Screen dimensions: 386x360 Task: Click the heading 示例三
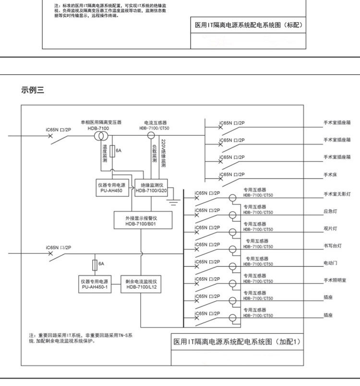point(33,90)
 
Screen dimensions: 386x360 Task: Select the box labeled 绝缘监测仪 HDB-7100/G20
point(151,187)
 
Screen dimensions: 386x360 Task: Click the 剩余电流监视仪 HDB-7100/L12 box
point(142,284)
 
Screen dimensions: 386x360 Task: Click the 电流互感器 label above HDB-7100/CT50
point(154,123)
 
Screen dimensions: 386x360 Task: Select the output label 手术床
point(330,175)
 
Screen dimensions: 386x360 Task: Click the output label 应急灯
point(330,211)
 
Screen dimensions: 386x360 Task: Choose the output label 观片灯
point(330,229)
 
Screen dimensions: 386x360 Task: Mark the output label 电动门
point(330,263)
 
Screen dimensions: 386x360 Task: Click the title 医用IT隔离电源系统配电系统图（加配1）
point(236,342)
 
